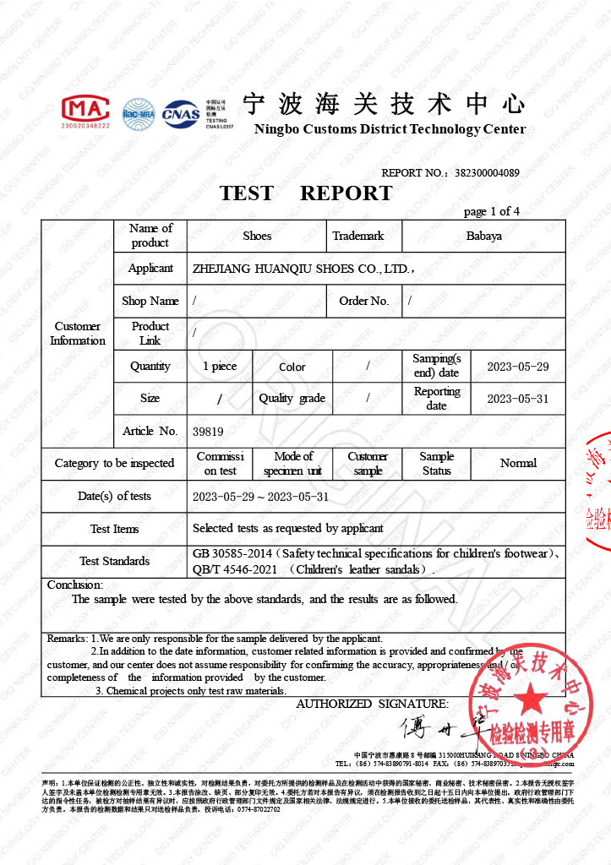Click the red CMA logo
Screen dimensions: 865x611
pos(85,111)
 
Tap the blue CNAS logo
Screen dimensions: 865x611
pos(181,112)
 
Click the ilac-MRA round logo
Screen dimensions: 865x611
pos(138,114)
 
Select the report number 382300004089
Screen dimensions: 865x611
pos(487,173)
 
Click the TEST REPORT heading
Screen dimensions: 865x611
pos(306,193)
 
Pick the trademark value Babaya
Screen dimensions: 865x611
pos(483,236)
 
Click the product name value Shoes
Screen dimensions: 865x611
pos(257,236)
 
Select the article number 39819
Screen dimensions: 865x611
pos(208,431)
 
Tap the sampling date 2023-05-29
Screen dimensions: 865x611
pos(518,367)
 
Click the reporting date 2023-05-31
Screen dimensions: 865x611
pos(518,399)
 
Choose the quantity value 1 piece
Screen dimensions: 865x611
pos(220,367)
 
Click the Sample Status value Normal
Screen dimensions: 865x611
pos(518,463)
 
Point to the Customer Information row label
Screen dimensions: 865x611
pos(78,334)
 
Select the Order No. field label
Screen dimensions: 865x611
pos(363,301)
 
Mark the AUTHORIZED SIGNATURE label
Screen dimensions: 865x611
pos(372,704)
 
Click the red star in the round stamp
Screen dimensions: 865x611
pos(532,698)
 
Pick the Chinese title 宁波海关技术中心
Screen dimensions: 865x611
pos(384,105)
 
